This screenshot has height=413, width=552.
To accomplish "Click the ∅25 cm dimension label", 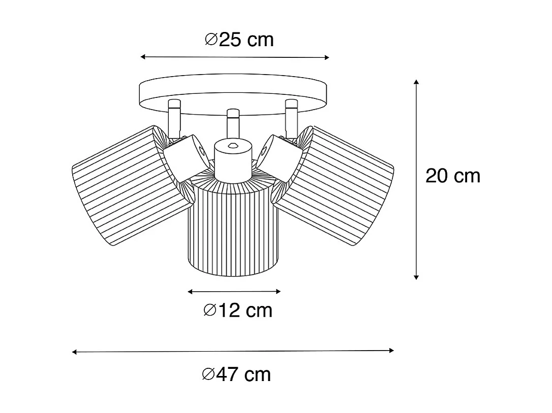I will pyautogui.click(x=239, y=40).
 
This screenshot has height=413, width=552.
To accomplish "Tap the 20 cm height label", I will pyautogui.click(x=452, y=176).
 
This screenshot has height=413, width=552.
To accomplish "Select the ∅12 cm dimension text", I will pyautogui.click(x=237, y=310).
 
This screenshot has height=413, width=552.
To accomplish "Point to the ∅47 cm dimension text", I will pyautogui.click(x=236, y=374).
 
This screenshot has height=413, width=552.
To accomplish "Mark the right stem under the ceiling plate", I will pyautogui.click(x=291, y=117).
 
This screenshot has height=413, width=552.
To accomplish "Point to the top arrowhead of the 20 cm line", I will pyautogui.click(x=416, y=81).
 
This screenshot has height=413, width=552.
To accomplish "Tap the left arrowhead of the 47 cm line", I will pyautogui.click(x=74, y=352).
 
